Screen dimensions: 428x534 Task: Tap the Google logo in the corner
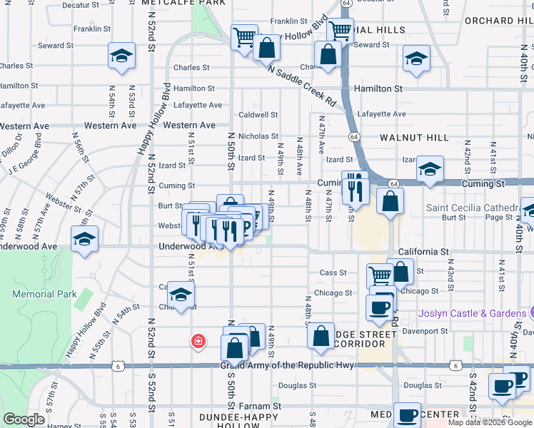[x=24, y=419]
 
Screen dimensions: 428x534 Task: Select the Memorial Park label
[x=44, y=294]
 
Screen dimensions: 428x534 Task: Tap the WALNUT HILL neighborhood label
[x=414, y=137]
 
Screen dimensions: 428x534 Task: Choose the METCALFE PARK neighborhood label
[x=183, y=3]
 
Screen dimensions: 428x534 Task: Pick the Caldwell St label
[x=258, y=114]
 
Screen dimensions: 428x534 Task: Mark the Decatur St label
[x=81, y=5]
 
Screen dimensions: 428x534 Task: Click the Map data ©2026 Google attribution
[x=490, y=422]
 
